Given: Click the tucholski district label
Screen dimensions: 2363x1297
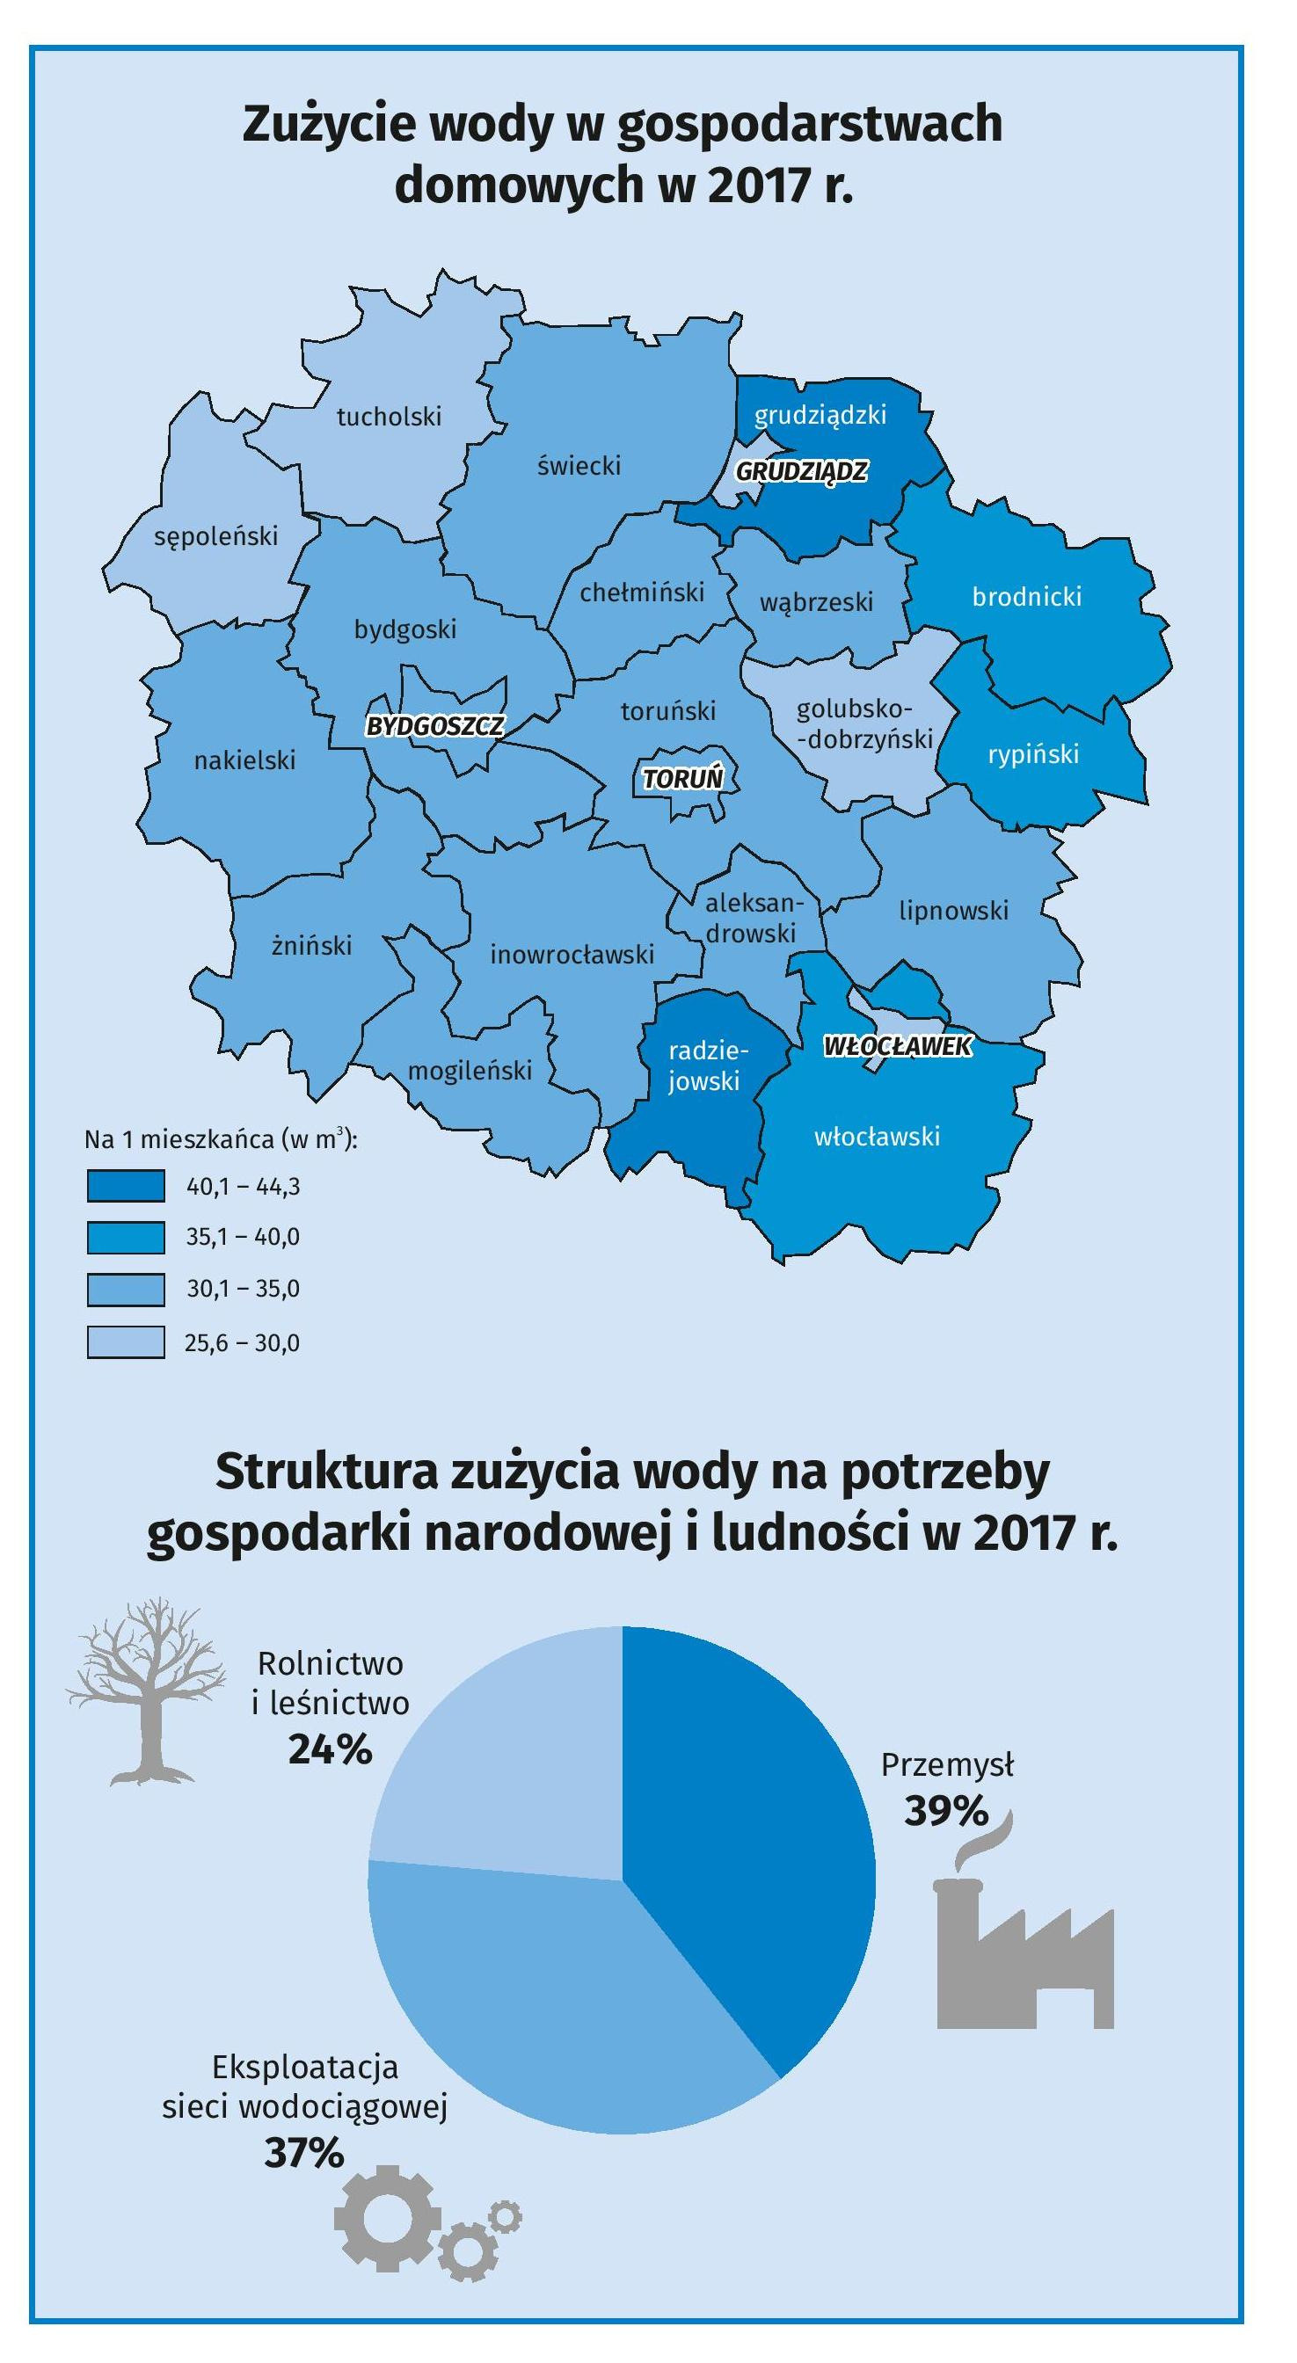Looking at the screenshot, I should (389, 417).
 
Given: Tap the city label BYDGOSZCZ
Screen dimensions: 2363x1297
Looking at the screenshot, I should (434, 725).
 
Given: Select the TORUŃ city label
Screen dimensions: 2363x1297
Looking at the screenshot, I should (682, 779).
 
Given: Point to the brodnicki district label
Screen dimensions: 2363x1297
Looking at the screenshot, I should (1026, 596).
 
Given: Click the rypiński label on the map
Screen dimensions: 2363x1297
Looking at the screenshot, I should (1033, 754).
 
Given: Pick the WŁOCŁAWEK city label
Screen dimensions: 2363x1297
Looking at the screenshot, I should (897, 1046).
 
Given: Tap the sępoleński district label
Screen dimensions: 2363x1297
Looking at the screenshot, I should (215, 535).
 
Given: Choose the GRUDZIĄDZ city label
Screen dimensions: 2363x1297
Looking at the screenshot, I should (802, 471).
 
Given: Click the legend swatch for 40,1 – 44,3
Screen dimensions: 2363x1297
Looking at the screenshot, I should (126, 1185).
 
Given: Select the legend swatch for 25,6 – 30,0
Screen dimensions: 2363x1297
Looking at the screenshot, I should (126, 1342).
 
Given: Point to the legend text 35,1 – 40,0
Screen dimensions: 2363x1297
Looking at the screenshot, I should (242, 1237).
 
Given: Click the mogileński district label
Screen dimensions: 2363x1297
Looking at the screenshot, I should (470, 1070).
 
